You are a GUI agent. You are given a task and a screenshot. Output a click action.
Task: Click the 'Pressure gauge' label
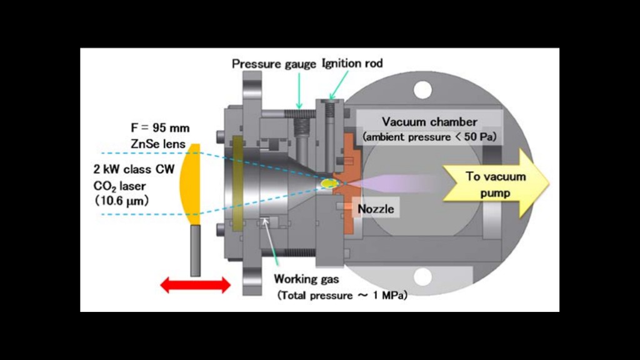[x=274, y=64]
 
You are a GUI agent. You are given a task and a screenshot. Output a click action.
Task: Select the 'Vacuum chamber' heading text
[x=429, y=121]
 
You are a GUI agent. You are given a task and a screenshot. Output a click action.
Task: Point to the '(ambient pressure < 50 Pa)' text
[x=429, y=136]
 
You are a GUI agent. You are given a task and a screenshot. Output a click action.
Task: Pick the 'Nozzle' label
[x=376, y=209]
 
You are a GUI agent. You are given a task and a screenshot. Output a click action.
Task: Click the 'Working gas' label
[x=306, y=279]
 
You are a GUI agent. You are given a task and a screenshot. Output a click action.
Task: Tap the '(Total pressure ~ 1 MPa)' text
[x=342, y=295]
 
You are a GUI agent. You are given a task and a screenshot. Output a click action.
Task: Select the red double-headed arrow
[x=196, y=286]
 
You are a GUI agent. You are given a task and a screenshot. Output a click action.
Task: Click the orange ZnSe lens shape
[x=189, y=184]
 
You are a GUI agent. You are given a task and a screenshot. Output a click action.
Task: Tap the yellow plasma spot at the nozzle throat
[x=328, y=184]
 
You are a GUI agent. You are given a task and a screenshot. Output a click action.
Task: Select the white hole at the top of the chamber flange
[x=422, y=90]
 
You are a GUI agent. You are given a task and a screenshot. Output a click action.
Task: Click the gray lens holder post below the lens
[x=196, y=250]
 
